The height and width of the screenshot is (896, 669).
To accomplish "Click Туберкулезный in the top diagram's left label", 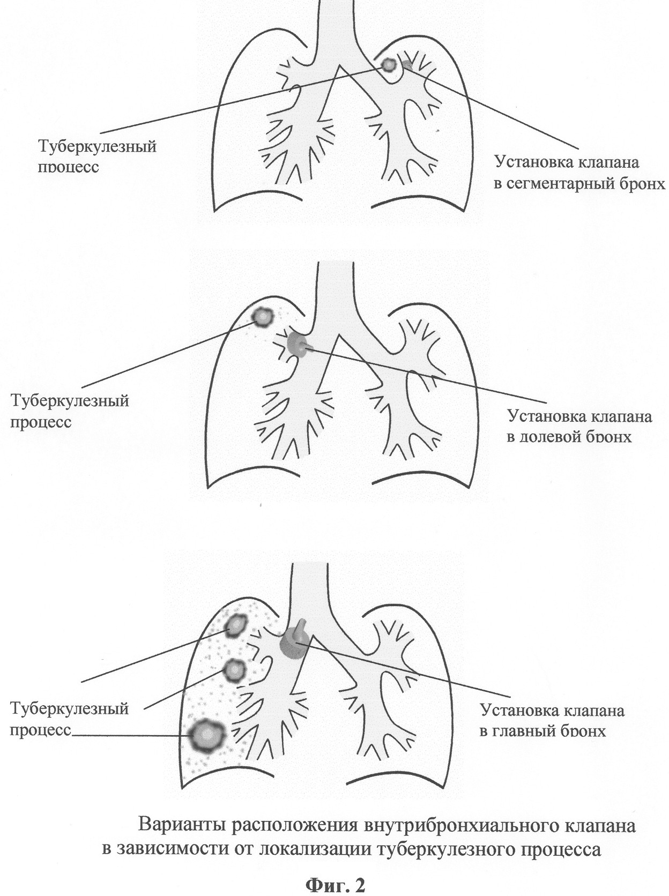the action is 96,146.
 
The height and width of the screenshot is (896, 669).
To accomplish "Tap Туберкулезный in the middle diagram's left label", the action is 69,400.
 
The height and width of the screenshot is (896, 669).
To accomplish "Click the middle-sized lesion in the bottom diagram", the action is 235,680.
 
